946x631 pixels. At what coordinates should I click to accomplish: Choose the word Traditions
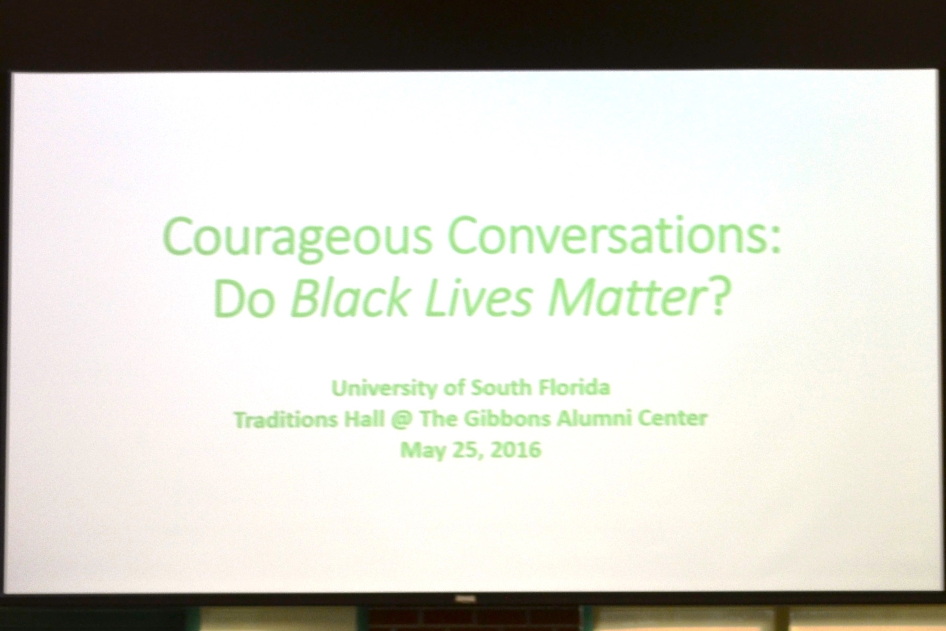(x=286, y=419)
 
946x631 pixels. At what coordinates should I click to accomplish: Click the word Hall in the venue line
(x=364, y=419)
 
